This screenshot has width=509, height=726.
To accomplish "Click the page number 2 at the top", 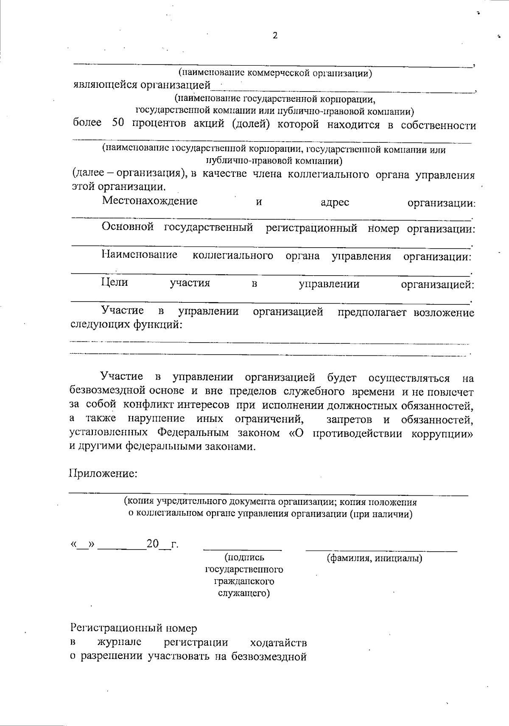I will point(275,36).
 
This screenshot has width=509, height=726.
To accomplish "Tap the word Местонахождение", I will point(150,201).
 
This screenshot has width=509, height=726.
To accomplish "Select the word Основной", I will point(128,228).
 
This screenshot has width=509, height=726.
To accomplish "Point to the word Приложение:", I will point(103,473).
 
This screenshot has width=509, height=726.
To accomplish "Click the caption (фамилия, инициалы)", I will point(374,558).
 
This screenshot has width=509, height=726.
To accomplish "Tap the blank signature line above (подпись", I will point(242,550).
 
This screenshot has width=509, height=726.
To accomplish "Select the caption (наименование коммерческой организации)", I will point(275,73).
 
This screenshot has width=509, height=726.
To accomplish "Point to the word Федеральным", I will point(193,433).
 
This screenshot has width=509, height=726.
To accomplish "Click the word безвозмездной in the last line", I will point(263,657).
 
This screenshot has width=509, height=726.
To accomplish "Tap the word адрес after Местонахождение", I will point(335,202).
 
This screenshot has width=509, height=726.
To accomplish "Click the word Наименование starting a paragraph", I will point(140,255).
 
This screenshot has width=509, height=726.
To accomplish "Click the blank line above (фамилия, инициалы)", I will point(381,550).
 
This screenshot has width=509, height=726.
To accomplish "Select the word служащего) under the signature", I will point(244,593).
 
